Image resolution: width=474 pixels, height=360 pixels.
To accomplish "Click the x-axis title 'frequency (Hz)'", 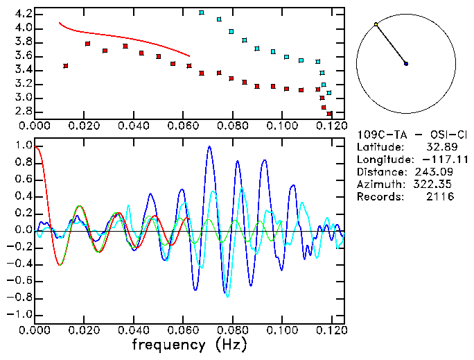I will click(x=188, y=343).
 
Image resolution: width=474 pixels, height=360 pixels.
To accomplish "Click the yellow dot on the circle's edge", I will click(x=376, y=24).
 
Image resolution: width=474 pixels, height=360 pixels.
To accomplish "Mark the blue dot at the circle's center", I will click(x=406, y=64).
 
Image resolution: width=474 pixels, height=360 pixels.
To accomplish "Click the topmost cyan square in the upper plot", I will click(x=202, y=12).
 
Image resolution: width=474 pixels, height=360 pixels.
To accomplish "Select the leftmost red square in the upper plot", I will click(x=65, y=66).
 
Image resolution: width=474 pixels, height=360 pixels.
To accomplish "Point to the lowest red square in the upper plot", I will click(x=330, y=114).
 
